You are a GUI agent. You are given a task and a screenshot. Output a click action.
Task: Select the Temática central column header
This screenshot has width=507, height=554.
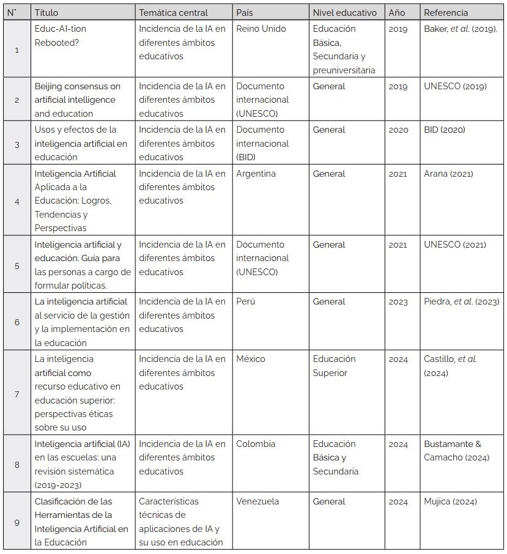point(173,12)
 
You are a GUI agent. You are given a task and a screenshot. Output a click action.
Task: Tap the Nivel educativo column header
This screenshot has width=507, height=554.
point(344,12)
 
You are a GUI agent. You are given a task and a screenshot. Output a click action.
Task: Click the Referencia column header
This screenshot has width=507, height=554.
point(446,12)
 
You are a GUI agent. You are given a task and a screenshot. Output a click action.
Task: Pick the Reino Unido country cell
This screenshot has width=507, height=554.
point(261,29)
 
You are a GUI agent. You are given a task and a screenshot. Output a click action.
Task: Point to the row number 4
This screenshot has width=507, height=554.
point(17,201)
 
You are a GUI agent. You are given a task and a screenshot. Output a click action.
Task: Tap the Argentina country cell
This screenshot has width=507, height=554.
point(256,174)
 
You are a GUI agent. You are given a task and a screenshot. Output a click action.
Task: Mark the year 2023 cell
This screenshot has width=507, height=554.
point(398,302)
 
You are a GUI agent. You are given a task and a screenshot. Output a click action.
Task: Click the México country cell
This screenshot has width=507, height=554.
point(251,359)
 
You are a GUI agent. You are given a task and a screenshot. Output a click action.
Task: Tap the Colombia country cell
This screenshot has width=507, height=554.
point(256,444)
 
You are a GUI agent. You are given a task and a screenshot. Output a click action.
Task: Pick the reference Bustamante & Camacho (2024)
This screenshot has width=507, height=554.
point(456,451)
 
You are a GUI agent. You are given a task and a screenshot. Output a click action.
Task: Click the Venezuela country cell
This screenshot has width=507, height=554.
point(257,501)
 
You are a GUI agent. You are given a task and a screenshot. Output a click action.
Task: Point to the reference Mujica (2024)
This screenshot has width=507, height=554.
point(450,502)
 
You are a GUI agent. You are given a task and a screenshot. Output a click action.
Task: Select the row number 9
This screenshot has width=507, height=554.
point(17,522)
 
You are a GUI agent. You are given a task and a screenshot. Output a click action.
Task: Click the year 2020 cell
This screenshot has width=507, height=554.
point(398,130)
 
